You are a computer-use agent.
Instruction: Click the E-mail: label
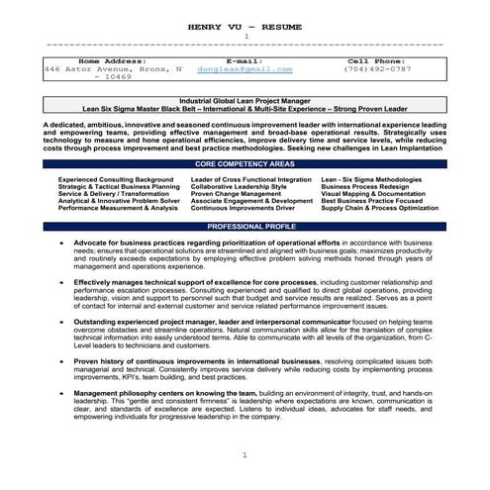click(x=245, y=60)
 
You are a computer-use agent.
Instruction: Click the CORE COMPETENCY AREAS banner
click(x=245, y=161)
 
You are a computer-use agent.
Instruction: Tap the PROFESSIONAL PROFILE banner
click(x=245, y=227)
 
